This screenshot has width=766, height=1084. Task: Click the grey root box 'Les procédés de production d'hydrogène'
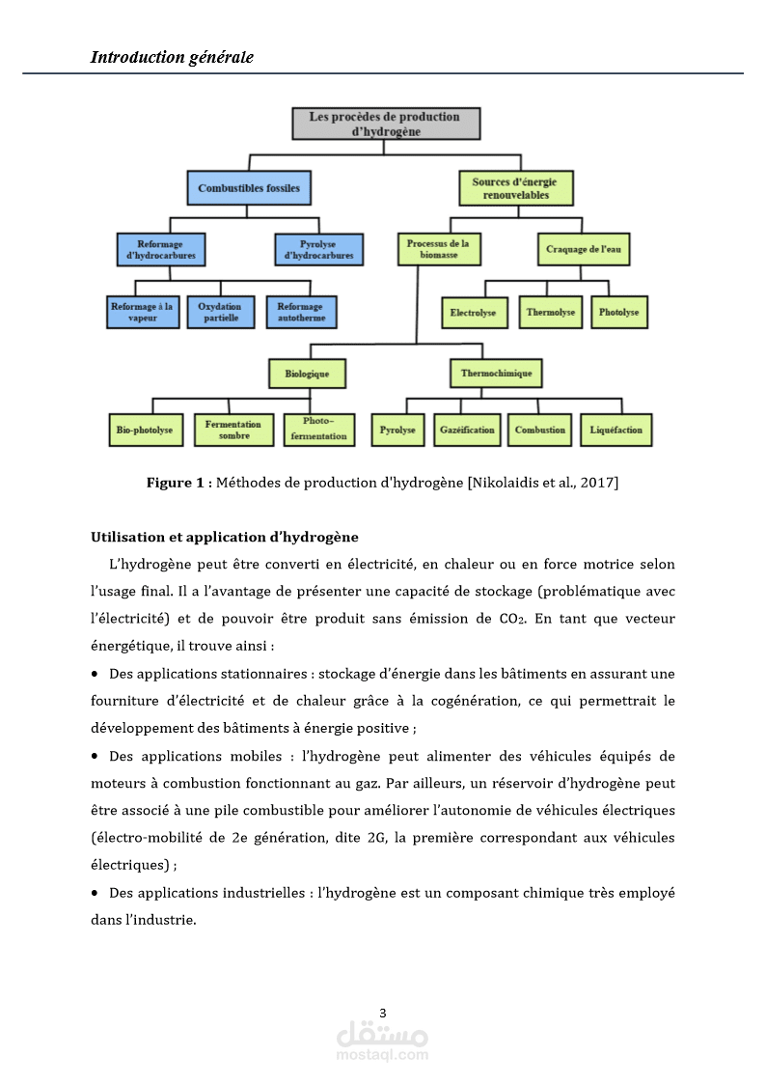385,124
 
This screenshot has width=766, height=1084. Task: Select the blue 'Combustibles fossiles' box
249,188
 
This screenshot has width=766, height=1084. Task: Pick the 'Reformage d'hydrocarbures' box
161,250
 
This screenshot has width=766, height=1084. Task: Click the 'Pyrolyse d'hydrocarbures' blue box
319,250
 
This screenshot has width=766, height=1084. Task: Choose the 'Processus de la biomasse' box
439,250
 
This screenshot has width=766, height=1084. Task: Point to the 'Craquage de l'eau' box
584,250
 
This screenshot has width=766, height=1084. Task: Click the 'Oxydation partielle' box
220,312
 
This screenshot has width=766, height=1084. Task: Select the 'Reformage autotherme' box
301,312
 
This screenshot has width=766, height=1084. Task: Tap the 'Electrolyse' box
473,313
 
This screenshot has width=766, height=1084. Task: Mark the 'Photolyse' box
619,313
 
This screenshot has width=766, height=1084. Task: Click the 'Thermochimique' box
496,373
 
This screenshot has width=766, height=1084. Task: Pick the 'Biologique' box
307,373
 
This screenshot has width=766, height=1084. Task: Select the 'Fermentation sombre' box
233,430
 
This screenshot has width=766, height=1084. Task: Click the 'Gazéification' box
467,430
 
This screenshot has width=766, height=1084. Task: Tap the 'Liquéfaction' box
616,430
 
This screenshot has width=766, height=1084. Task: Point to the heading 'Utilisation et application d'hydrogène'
224,537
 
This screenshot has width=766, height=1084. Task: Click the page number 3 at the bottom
383,1013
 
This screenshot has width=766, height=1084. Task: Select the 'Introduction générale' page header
172,57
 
